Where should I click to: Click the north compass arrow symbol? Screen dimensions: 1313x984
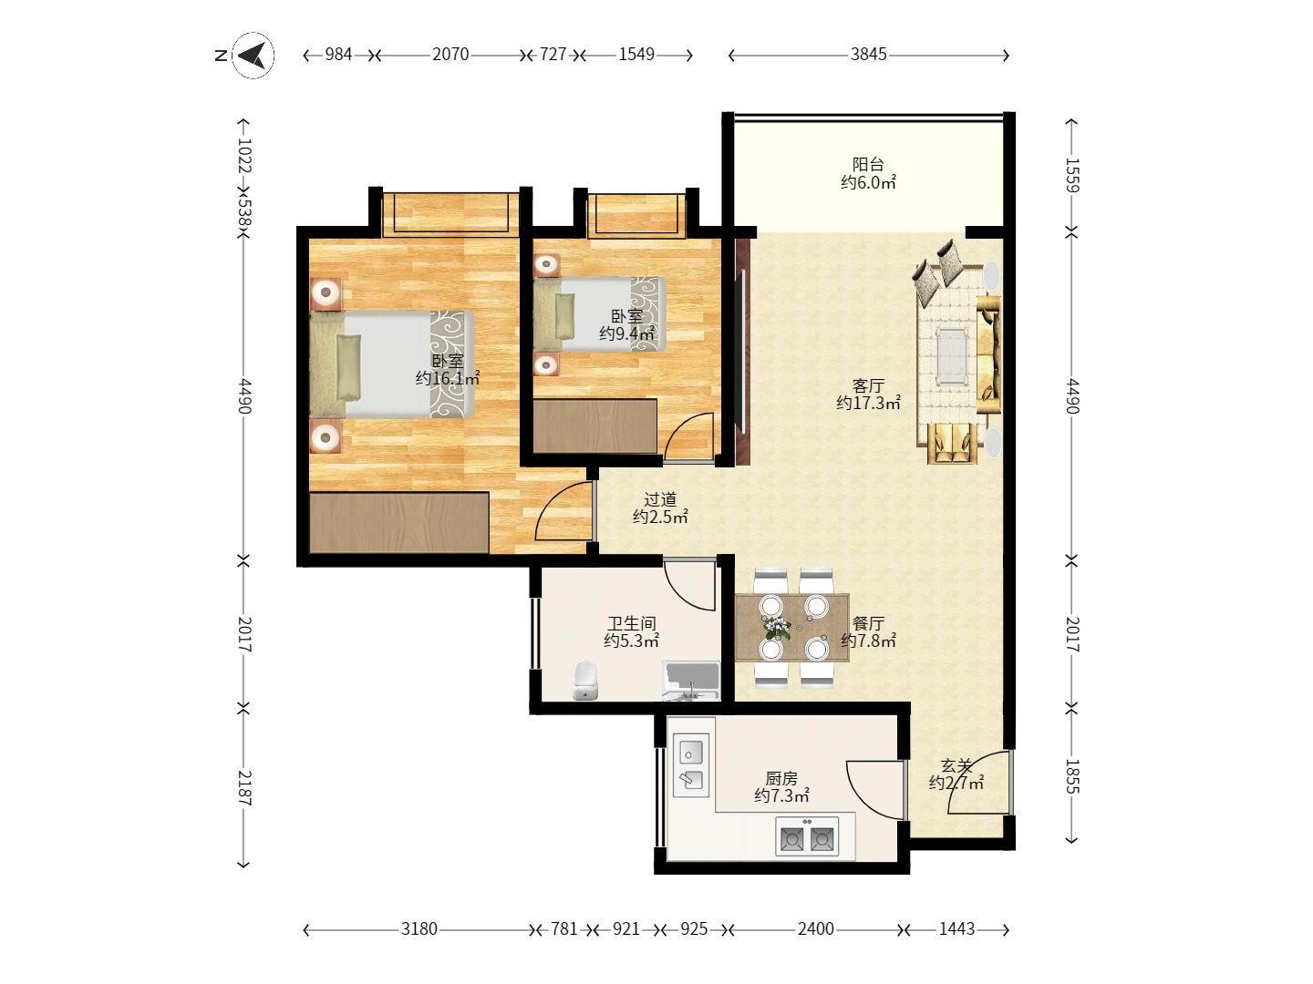[253, 56]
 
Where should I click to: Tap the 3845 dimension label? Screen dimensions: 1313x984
[868, 55]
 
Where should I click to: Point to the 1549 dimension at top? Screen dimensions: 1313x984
[636, 55]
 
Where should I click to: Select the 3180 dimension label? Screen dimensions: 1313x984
[419, 929]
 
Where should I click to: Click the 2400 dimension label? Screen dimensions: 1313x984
[815, 929]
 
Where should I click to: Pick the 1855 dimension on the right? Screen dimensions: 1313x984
[1072, 776]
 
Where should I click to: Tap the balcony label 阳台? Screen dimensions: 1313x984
[868, 164]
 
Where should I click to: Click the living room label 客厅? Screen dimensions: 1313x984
[868, 385]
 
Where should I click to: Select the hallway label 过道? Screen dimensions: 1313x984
[660, 499]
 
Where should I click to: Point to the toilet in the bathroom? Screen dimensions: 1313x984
[585, 681]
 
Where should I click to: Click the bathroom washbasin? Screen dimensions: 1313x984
[691, 680]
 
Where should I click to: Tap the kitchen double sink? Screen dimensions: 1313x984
[691, 765]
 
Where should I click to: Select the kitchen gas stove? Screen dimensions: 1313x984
[807, 836]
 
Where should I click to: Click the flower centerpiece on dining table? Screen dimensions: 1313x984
[777, 628]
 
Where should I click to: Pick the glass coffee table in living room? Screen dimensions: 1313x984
[952, 355]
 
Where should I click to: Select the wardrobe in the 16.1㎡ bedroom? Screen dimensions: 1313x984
[399, 522]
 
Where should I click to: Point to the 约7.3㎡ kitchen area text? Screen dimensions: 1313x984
[781, 795]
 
